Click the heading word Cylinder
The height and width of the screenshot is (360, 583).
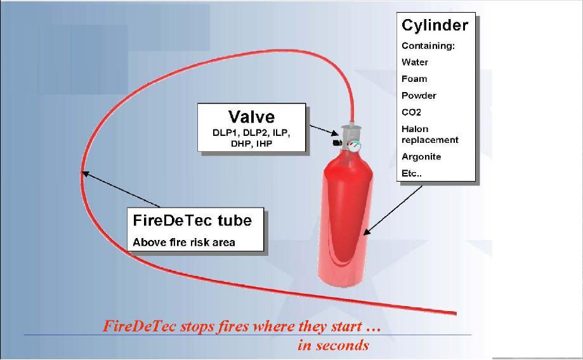point(435,25)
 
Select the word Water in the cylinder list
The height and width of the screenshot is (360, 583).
point(415,62)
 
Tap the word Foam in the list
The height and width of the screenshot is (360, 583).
point(414,79)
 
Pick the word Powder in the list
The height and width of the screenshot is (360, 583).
point(419,95)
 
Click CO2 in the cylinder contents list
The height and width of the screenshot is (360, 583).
point(411,112)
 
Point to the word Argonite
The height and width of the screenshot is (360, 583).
point(421,156)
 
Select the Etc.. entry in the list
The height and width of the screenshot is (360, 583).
point(412,173)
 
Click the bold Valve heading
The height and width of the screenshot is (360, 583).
point(251,117)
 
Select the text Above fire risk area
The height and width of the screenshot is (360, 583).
point(184,243)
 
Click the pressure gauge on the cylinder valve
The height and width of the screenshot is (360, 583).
point(355,145)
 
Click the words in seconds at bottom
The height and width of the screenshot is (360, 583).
point(333,345)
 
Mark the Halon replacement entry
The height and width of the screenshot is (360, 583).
point(429,134)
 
